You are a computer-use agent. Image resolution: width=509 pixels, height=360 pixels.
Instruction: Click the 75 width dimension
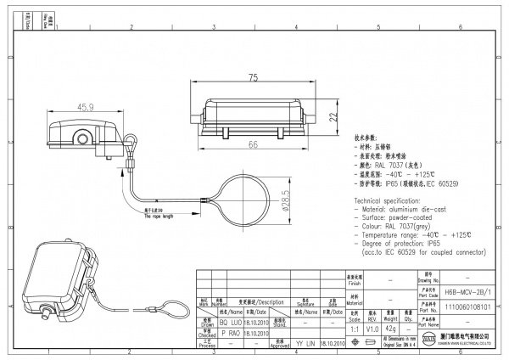[254, 79]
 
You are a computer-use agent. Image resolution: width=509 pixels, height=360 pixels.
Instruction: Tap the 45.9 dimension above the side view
[86, 108]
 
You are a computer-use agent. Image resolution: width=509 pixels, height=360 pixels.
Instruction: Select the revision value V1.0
[372, 329]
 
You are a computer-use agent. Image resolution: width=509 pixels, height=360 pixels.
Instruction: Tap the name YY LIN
[306, 344]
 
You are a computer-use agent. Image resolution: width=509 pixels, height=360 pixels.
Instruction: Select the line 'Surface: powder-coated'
[394, 217]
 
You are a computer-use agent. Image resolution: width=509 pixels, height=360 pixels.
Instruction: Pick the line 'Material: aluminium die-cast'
[403, 208]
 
